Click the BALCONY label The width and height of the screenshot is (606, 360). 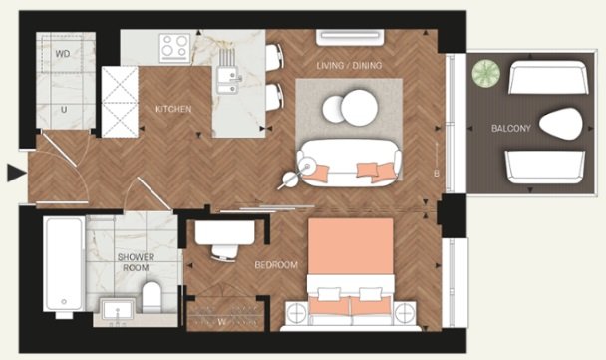pos(511,128)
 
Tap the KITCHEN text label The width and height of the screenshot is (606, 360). pos(173,109)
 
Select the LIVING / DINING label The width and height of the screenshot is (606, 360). pos(349,66)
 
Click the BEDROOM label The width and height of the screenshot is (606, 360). pos(276,265)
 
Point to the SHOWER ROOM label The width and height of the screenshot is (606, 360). pos(136,262)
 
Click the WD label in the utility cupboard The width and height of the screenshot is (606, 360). pos(63,54)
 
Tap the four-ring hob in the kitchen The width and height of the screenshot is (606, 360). pos(175,48)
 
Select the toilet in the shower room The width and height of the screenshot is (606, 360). pos(151,297)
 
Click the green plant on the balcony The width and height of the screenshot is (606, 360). pos(485,73)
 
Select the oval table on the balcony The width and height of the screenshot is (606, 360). pos(561,124)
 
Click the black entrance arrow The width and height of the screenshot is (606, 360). pos(17,173)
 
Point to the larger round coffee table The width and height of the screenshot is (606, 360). pos(359,108)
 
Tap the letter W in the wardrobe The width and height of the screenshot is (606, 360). pos(222,322)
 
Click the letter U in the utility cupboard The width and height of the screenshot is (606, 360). pos(64,110)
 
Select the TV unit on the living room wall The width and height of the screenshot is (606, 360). pos(350,38)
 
